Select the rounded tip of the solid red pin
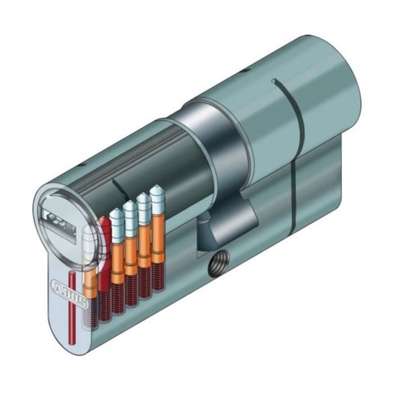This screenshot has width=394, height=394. pyautogui.click(x=104, y=222)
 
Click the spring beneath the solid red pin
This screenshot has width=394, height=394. pyautogui.click(x=105, y=304)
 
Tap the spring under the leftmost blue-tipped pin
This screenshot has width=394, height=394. pyautogui.click(x=118, y=298)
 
